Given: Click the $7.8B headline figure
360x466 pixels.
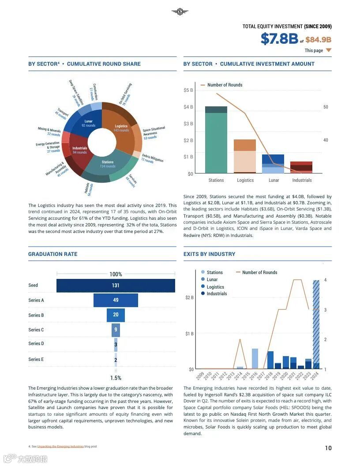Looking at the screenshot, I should click(x=279, y=39).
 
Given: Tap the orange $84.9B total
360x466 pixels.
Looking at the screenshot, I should click(x=318, y=40).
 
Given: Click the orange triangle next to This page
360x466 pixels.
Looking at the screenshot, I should click(x=328, y=50).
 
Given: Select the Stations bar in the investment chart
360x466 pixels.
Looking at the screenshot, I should click(x=216, y=141).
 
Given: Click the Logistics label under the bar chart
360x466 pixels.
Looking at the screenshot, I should click(x=245, y=180).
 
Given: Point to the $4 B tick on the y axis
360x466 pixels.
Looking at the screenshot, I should click(x=188, y=107).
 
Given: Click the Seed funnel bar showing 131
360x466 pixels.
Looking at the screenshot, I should click(x=116, y=286).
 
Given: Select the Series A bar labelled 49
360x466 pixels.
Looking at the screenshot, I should click(x=116, y=300).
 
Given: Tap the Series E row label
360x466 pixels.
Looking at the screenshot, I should click(x=36, y=359).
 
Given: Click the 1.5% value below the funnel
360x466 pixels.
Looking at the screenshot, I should click(x=116, y=378).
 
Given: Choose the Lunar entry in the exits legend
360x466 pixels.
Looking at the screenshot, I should click(x=212, y=279).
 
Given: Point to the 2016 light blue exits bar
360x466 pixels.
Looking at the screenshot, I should click(x=255, y=358).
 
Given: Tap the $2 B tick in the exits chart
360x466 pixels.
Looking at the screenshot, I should click(x=189, y=297).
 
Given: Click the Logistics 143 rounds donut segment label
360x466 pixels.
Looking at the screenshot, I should click(x=120, y=128).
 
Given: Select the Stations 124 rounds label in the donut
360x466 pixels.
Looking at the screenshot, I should click(x=108, y=164).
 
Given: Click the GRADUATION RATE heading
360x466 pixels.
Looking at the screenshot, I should click(x=52, y=254).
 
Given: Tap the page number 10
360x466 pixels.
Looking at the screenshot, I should click(x=328, y=448).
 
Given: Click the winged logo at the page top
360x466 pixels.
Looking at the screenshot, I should click(x=180, y=12).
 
